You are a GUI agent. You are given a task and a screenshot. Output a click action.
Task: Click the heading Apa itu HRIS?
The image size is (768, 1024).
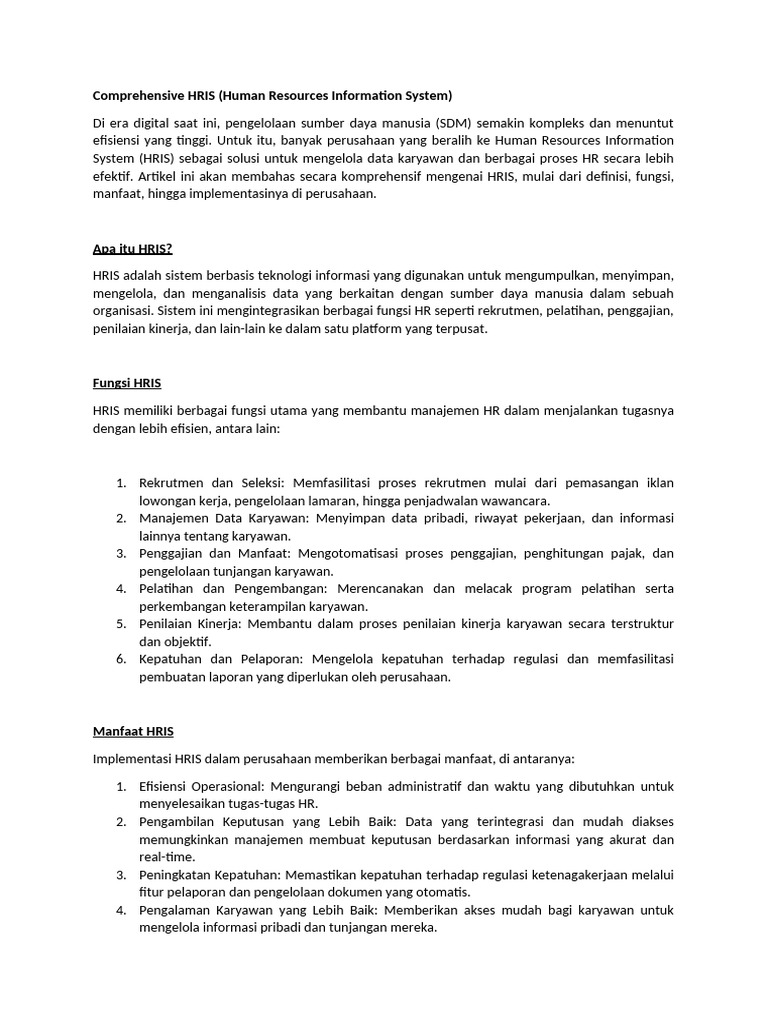tap(133, 248)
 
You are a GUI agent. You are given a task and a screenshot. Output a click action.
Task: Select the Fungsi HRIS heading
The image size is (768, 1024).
tap(127, 383)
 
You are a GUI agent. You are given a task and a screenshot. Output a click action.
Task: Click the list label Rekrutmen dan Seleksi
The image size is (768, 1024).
tap(212, 483)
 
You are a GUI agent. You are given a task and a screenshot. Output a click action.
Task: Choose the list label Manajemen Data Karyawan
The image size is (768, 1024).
tap(225, 518)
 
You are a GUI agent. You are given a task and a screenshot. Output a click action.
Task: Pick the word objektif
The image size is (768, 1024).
tap(187, 641)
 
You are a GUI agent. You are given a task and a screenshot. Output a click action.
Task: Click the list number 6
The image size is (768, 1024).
tap(121, 659)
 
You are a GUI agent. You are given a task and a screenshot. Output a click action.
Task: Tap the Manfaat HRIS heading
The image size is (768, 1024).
tap(133, 732)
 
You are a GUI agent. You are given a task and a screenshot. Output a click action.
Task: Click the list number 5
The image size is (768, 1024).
tap(121, 624)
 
